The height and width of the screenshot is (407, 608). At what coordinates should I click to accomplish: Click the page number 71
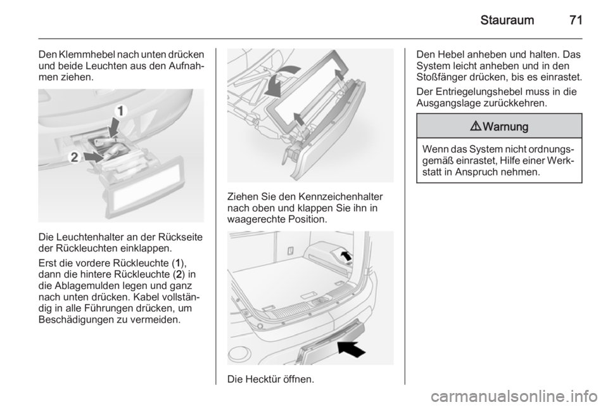576,20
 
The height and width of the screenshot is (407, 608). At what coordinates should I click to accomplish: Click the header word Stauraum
507,20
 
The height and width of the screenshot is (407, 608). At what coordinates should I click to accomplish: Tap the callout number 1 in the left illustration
120,111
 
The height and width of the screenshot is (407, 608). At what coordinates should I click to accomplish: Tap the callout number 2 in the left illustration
73,157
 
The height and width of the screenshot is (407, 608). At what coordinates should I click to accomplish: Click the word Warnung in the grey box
505,127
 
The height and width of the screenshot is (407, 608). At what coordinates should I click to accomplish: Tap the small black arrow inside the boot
346,255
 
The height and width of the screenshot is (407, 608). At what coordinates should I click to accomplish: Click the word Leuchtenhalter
85,237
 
